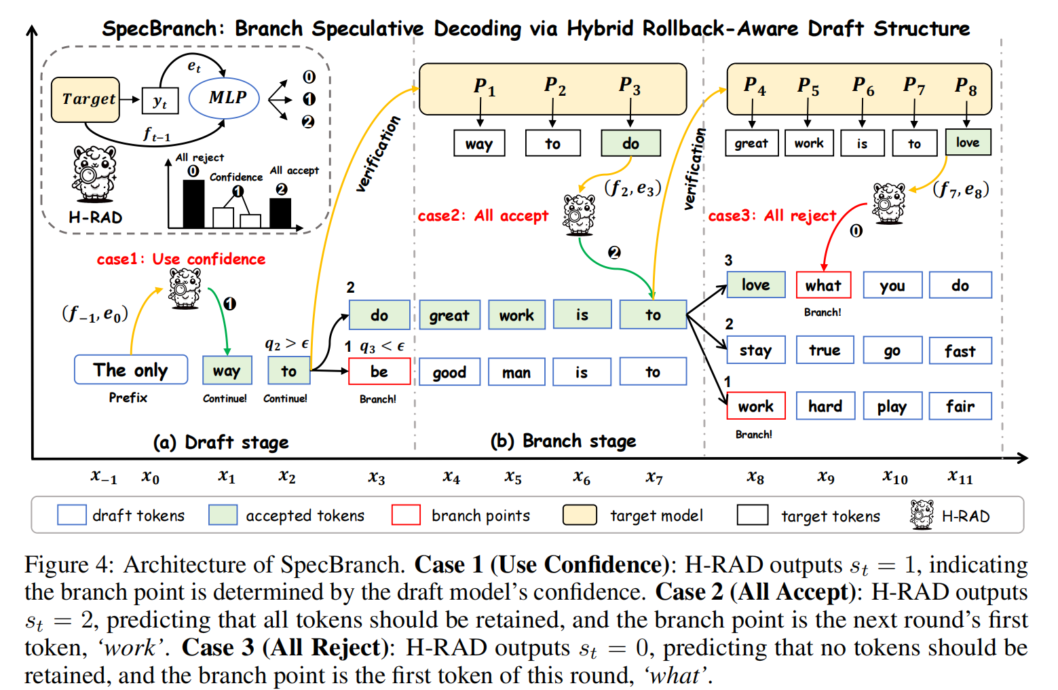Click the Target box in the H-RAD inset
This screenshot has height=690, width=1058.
tap(86, 99)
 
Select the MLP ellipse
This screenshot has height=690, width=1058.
tap(225, 98)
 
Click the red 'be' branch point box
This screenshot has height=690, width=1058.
tap(379, 371)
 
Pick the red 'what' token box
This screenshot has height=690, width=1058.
tap(823, 285)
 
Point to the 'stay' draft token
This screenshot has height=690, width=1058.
tap(755, 350)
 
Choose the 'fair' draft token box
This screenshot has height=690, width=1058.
tap(960, 406)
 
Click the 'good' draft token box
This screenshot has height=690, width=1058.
tap(449, 372)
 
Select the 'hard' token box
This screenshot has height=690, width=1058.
tap(825, 406)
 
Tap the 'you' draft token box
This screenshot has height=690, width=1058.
tap(892, 285)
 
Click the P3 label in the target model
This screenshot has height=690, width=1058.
tap(630, 86)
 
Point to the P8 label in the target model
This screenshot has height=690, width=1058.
tap(966, 86)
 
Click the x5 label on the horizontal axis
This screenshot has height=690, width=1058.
tap(513, 477)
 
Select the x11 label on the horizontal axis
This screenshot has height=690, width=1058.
tap(960, 477)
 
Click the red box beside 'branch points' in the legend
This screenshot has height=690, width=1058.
tap(406, 515)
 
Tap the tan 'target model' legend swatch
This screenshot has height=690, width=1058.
tap(580, 515)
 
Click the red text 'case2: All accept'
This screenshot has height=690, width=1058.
tap(483, 216)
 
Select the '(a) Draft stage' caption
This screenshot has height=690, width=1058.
tap(221, 443)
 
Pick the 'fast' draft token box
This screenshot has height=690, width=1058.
tap(960, 350)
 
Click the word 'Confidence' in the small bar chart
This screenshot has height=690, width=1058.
tap(235, 177)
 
